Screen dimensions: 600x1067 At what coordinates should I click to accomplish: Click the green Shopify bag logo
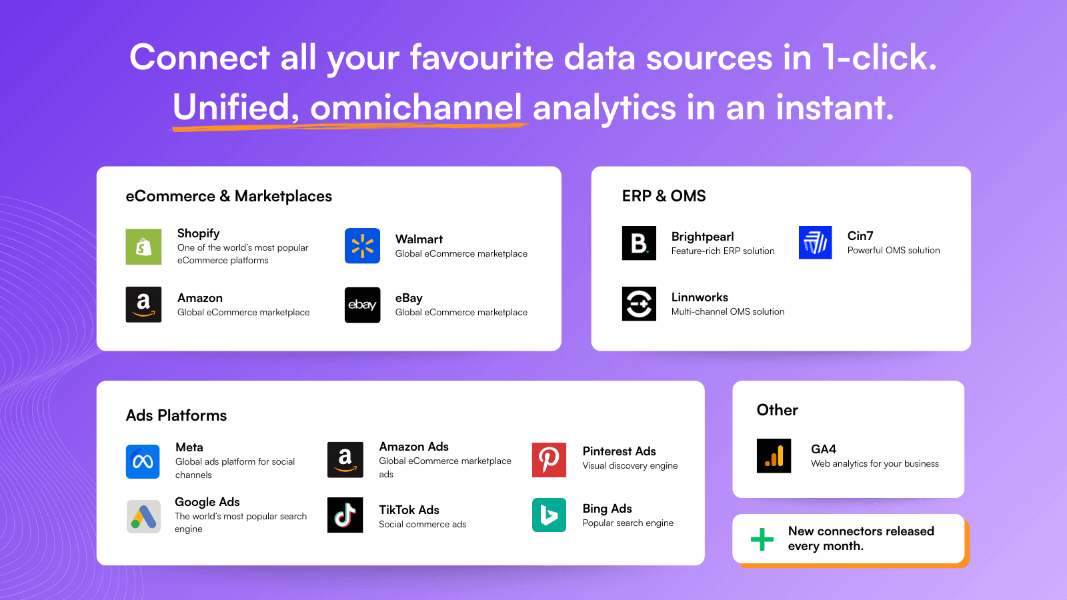point(143,247)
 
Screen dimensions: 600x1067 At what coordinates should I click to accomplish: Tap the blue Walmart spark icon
point(362,246)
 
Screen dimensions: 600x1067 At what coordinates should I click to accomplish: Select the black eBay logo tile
point(362,305)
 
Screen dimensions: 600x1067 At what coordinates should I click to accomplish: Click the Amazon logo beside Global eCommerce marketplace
point(143,305)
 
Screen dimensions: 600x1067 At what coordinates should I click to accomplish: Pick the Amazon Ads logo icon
point(345,460)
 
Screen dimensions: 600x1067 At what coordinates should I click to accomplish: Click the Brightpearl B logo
point(639,243)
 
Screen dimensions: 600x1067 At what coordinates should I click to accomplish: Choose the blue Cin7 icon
point(815,243)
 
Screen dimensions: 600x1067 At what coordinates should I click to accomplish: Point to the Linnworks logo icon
point(639,304)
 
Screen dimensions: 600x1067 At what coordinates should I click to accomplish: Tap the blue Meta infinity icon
point(143,461)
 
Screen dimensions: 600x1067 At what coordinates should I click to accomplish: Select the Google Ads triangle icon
point(143,517)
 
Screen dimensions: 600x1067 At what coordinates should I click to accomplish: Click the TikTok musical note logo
point(345,515)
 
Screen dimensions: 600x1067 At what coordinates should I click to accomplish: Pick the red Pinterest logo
point(549,459)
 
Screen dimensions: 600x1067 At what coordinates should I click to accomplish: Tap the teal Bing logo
point(549,515)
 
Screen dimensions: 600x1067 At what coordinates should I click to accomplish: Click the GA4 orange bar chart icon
point(774,456)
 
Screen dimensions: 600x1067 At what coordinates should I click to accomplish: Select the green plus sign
point(762,539)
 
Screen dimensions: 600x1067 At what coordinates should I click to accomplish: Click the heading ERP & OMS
point(664,196)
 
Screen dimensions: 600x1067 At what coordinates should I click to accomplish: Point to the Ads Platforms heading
point(176,415)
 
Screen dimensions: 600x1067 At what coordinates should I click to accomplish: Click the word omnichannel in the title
point(416,107)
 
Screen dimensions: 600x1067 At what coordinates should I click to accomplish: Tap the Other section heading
point(777,410)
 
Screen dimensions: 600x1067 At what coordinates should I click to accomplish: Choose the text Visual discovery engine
point(630,466)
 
